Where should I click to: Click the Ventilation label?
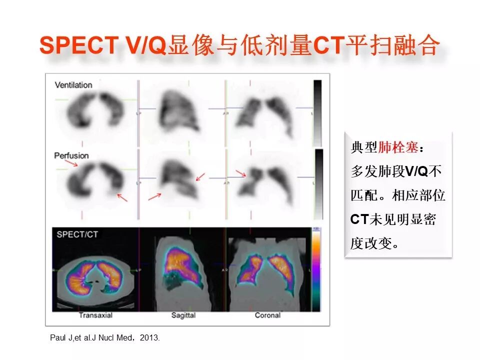tap(73, 85)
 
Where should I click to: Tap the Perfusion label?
tap(71, 156)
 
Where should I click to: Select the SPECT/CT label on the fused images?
tap(77, 234)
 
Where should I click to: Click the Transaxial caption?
tap(95, 315)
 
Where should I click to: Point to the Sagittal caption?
tap(183, 315)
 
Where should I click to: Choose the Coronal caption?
tap(267, 315)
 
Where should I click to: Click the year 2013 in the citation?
tap(149, 338)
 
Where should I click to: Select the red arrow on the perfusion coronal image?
tap(241, 173)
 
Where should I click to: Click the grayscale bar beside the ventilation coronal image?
tap(317, 113)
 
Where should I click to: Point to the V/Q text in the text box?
tap(416, 172)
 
